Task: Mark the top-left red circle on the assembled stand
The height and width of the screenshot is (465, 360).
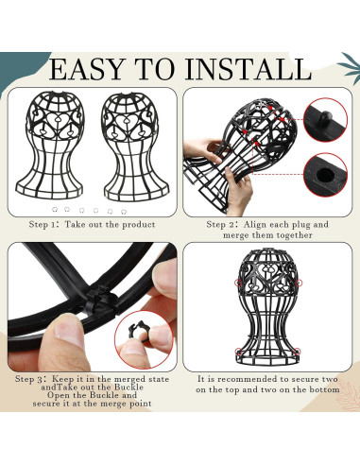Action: click(x=238, y=284)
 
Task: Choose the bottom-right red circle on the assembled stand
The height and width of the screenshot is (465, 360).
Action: click(x=297, y=352)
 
